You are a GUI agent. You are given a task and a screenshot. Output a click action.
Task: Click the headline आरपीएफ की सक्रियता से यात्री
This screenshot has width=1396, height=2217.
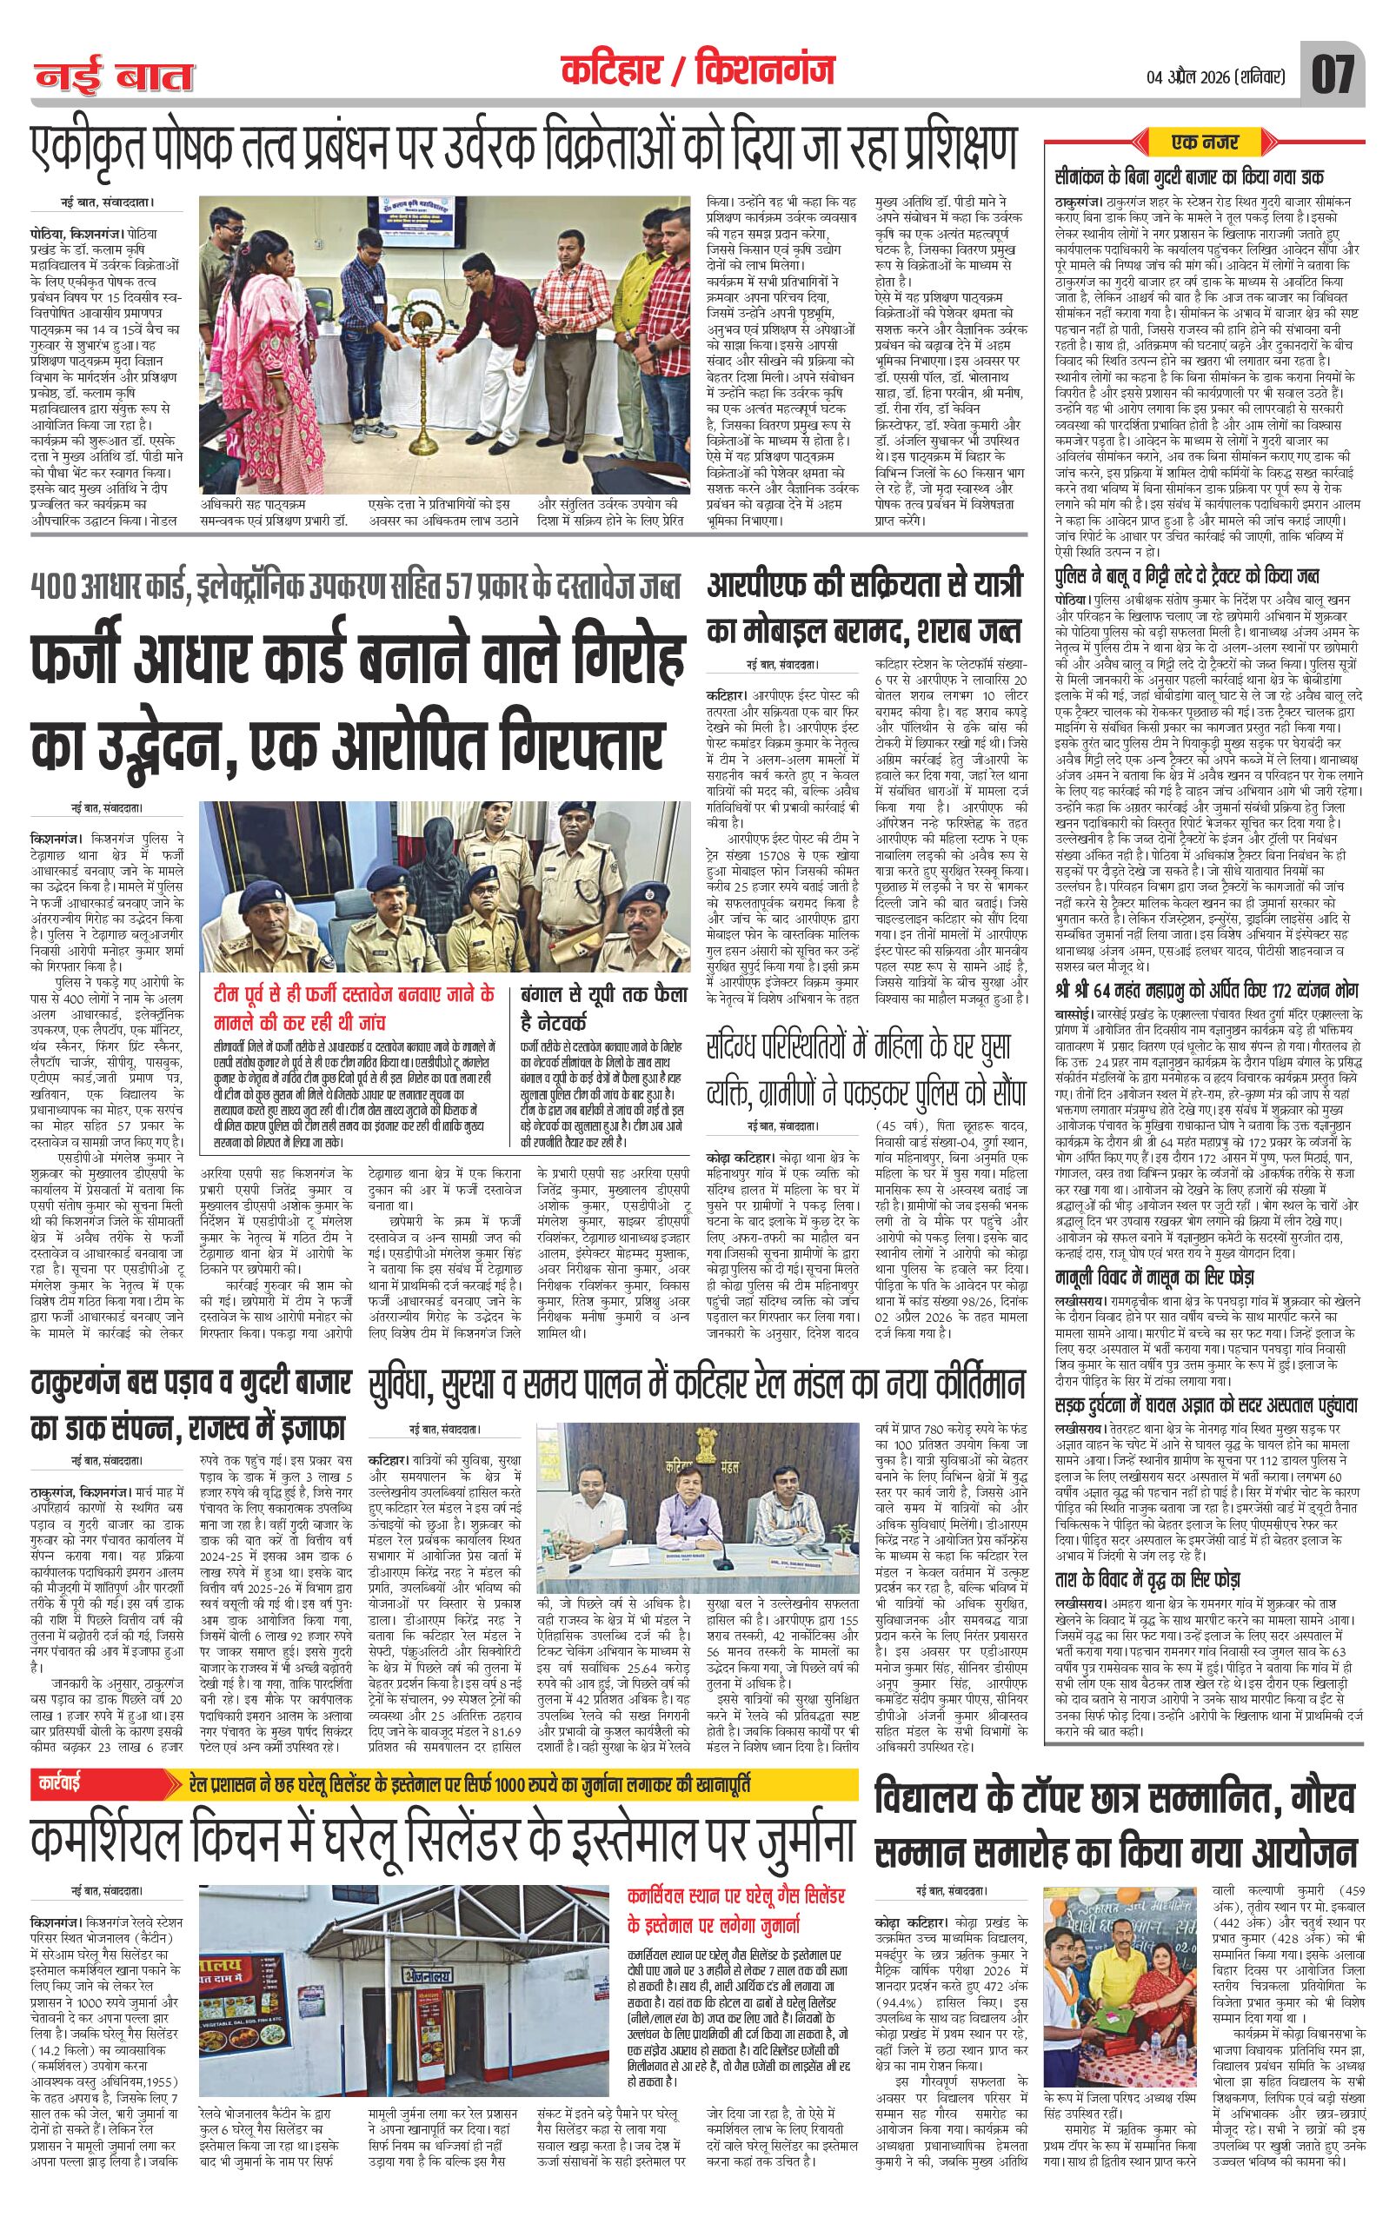click(865, 586)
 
